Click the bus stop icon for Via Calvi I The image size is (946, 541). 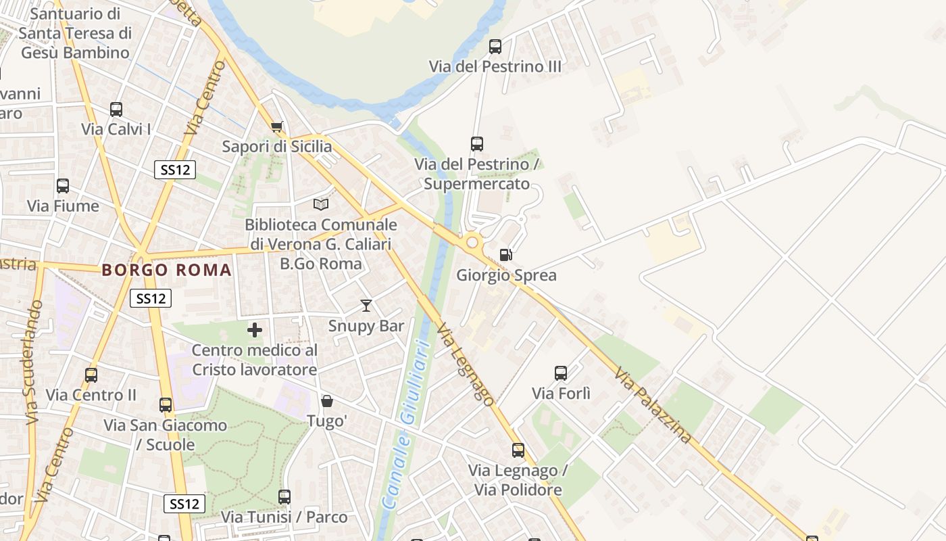[116, 109]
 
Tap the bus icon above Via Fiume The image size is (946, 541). [63, 185]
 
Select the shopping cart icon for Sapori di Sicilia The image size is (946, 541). [276, 126]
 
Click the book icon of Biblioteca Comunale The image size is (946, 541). [321, 204]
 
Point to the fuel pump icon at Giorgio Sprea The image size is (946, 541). [505, 255]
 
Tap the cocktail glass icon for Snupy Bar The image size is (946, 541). [366, 306]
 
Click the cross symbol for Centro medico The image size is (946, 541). [255, 330]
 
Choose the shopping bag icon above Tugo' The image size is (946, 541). [327, 401]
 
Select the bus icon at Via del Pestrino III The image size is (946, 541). [495, 47]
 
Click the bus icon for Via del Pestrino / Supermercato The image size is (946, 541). [477, 144]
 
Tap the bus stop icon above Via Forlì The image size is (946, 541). [561, 373]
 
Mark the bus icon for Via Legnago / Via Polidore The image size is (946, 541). [518, 450]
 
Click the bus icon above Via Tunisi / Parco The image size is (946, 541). [284, 497]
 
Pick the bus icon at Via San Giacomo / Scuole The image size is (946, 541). [166, 405]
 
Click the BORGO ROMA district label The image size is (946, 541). [166, 270]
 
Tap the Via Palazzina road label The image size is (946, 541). [653, 405]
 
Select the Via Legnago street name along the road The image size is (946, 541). [465, 364]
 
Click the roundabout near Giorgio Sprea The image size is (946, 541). [472, 242]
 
